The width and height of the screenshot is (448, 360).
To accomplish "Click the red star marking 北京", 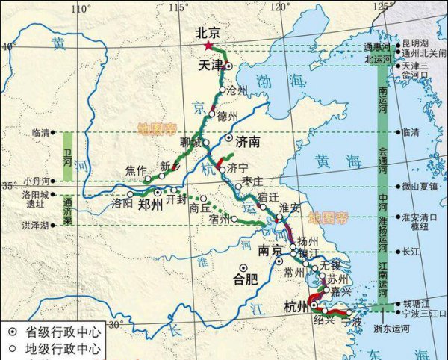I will (208, 46).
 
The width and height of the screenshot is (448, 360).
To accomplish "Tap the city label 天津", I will (211, 66).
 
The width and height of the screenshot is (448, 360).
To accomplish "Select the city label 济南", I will (247, 140).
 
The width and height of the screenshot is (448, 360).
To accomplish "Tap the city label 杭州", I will (296, 307).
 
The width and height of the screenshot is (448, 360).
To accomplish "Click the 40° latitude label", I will (8, 46).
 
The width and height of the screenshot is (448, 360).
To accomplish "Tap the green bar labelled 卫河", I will (68, 155).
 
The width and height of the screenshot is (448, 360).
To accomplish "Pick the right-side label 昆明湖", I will (415, 43).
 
